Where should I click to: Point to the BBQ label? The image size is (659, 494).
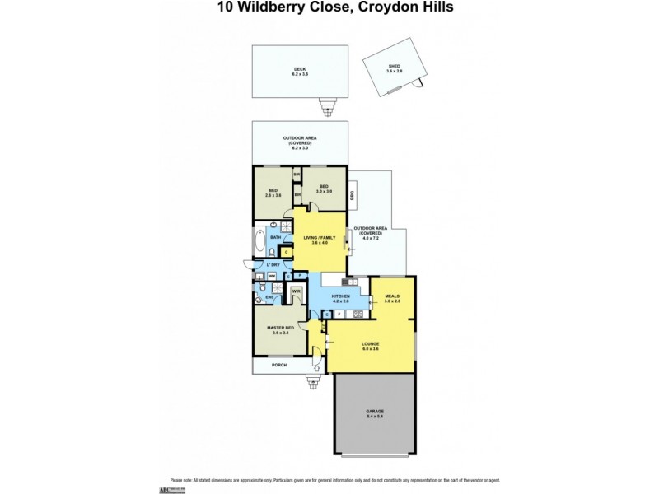[x=353, y=195]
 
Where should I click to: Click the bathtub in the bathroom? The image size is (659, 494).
[x=259, y=244]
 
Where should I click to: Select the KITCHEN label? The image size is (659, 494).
[x=340, y=297]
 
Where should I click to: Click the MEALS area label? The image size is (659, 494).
[x=391, y=298]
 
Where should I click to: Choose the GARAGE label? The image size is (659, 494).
[x=375, y=412]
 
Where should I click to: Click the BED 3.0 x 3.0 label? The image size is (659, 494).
[x=325, y=189]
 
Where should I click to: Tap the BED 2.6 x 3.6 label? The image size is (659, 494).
[x=273, y=193]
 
